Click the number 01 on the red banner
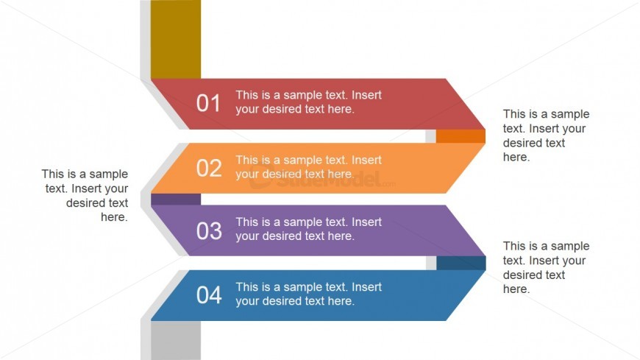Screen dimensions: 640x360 click(x=208, y=103)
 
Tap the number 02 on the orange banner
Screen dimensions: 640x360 click(x=209, y=168)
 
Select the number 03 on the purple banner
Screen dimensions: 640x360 click(x=209, y=231)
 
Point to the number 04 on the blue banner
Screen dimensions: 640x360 click(x=209, y=295)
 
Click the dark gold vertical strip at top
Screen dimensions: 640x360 click(x=176, y=39)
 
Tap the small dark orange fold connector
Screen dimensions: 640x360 click(x=461, y=136)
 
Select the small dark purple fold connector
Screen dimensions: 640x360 click(x=176, y=200)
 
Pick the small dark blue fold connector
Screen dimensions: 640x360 click(x=461, y=263)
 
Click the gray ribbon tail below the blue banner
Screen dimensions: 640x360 click(x=176, y=340)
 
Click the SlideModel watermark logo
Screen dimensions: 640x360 click(x=322, y=179)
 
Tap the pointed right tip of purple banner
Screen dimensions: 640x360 click(x=486, y=255)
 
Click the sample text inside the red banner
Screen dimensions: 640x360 click(x=308, y=102)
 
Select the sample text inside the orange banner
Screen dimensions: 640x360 click(x=308, y=166)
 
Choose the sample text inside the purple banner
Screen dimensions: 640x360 click(x=308, y=229)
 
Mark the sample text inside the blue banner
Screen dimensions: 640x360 click(x=308, y=294)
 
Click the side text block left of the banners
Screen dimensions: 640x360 click(x=85, y=195)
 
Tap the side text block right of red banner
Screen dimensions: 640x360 click(x=546, y=135)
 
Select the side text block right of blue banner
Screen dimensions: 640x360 click(x=546, y=267)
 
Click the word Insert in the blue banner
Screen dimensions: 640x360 click(x=366, y=287)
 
